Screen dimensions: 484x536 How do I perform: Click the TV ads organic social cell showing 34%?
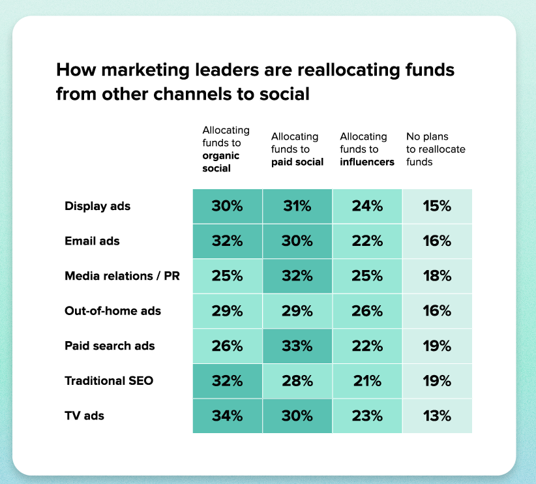tap(227, 416)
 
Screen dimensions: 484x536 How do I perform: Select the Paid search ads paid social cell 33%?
tap(297, 346)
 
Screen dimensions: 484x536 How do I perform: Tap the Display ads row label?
tap(98, 206)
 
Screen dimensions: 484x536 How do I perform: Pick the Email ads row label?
tap(92, 241)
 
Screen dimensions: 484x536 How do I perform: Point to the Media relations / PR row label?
tap(122, 276)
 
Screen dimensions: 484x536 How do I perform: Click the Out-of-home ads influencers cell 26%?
tap(366, 311)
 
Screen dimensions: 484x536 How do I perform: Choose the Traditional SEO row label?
tap(109, 380)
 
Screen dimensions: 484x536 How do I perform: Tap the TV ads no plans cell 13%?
tap(437, 416)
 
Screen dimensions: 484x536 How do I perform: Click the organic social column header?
tap(226, 149)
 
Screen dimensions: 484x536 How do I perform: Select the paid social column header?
tap(297, 149)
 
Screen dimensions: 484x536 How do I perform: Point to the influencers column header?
tap(366, 149)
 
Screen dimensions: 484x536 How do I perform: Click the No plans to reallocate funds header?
tap(436, 149)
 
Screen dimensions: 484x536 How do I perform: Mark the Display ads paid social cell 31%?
tap(297, 206)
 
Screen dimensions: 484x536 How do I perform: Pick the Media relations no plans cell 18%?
tap(437, 276)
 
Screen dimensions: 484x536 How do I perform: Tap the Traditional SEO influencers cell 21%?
tap(366, 380)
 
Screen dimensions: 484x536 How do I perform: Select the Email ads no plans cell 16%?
tap(437, 241)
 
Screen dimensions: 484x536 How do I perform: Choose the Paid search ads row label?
tap(110, 346)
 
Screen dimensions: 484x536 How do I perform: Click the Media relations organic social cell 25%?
tap(227, 276)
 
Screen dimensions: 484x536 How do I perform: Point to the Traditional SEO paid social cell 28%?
tap(297, 380)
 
